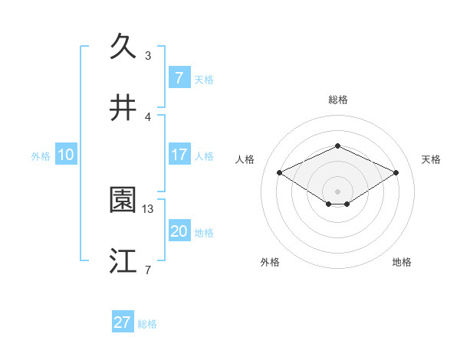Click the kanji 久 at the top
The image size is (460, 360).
click(x=123, y=47)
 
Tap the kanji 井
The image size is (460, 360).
click(x=123, y=108)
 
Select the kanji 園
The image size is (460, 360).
click(x=123, y=200)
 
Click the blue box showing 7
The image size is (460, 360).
click(x=179, y=77)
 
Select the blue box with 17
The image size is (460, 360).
click(x=179, y=155)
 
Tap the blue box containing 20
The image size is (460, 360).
click(x=179, y=231)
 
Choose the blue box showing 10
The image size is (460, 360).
click(x=66, y=155)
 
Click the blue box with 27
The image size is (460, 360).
click(x=123, y=322)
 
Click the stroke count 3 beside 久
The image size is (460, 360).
click(x=148, y=55)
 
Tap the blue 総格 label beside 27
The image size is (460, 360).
click(x=148, y=324)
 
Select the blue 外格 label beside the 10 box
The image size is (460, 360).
click(x=41, y=155)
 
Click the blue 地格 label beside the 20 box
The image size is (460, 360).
click(x=204, y=233)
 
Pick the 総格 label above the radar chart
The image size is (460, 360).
click(x=338, y=100)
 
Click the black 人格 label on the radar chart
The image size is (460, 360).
click(x=245, y=159)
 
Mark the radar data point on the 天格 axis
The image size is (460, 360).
click(x=396, y=172)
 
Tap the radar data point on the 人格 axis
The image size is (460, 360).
click(x=279, y=172)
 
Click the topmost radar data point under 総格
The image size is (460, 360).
click(x=337, y=146)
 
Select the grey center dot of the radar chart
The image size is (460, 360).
click(x=337, y=191)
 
